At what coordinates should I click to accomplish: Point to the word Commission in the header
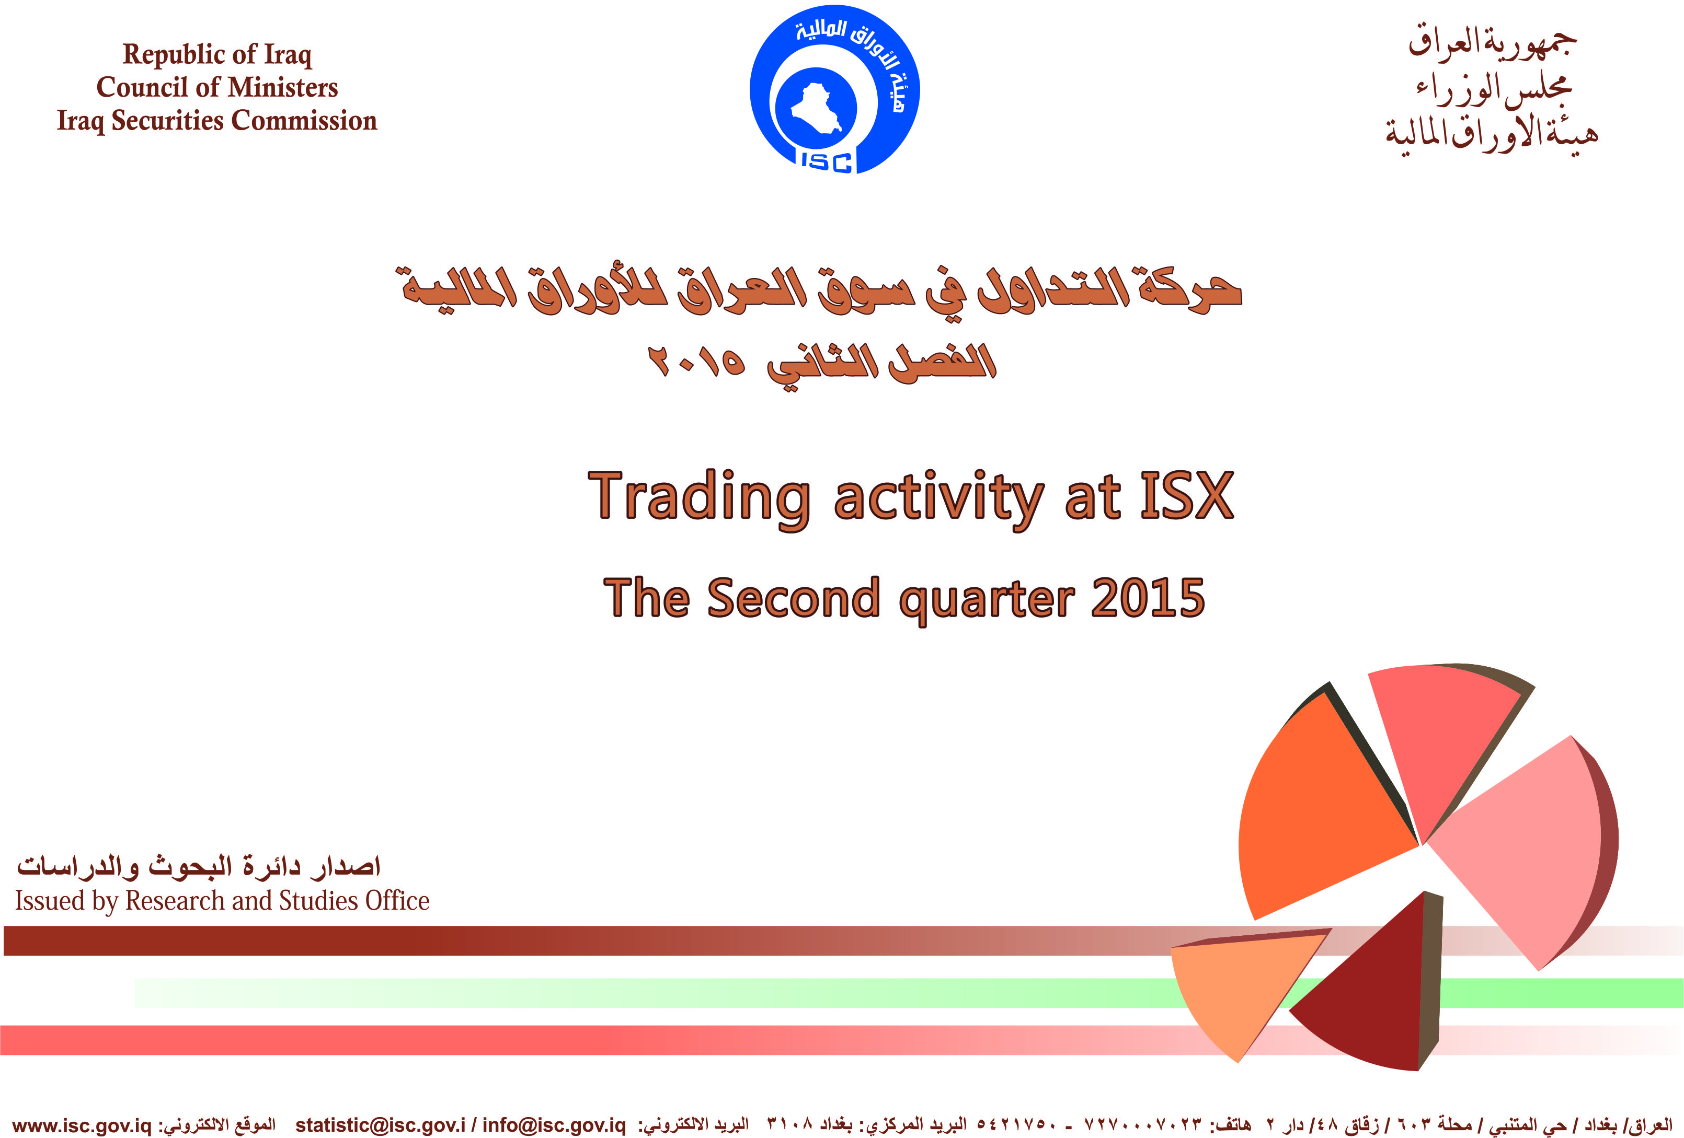coord(304,120)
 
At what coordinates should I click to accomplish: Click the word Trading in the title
coord(698,498)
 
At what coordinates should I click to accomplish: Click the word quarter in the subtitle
coord(986,601)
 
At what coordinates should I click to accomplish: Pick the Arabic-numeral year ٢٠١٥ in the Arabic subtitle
coord(696,360)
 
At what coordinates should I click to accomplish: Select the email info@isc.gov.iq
coord(554,1125)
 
